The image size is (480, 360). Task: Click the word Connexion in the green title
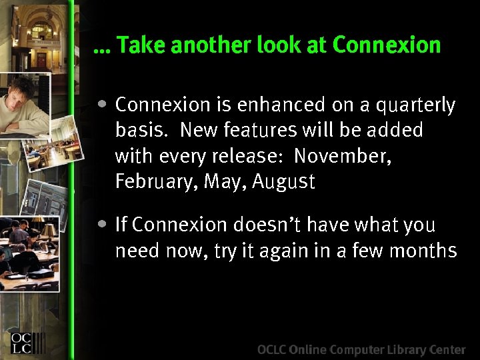(386, 45)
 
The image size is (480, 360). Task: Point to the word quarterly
(415, 105)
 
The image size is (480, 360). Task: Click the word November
(342, 156)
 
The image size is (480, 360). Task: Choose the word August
(283, 181)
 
